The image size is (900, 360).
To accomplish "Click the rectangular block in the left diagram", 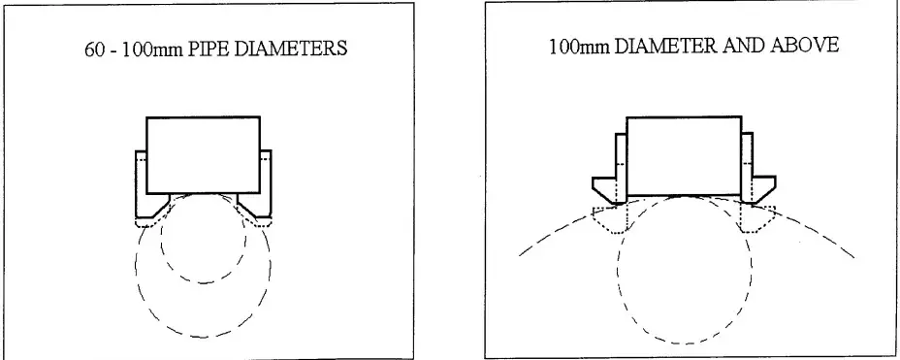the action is click(x=203, y=154).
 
